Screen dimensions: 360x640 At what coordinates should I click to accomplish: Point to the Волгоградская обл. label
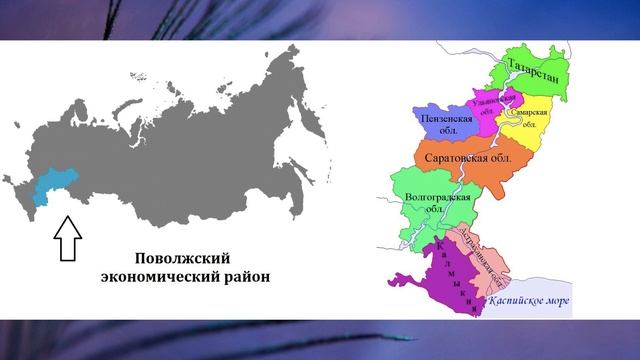tap(437, 204)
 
